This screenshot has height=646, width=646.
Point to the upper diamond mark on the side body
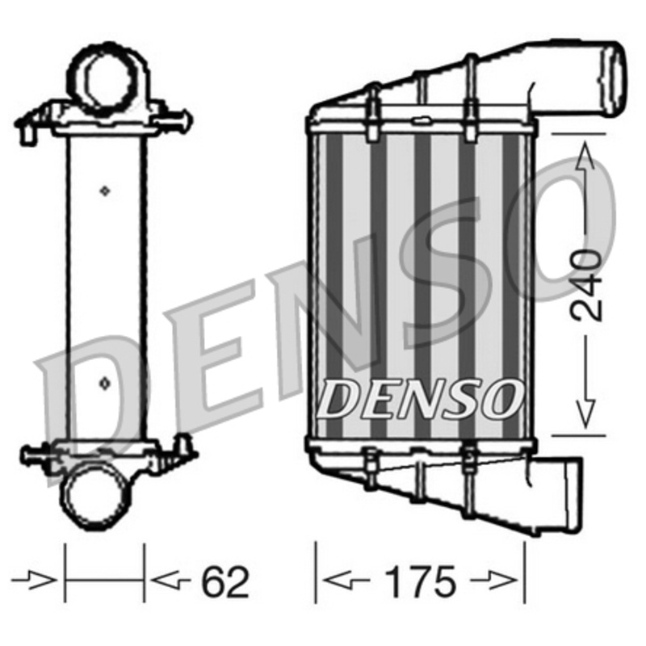click(x=104, y=190)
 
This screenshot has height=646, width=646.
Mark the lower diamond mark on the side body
click(x=104, y=379)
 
